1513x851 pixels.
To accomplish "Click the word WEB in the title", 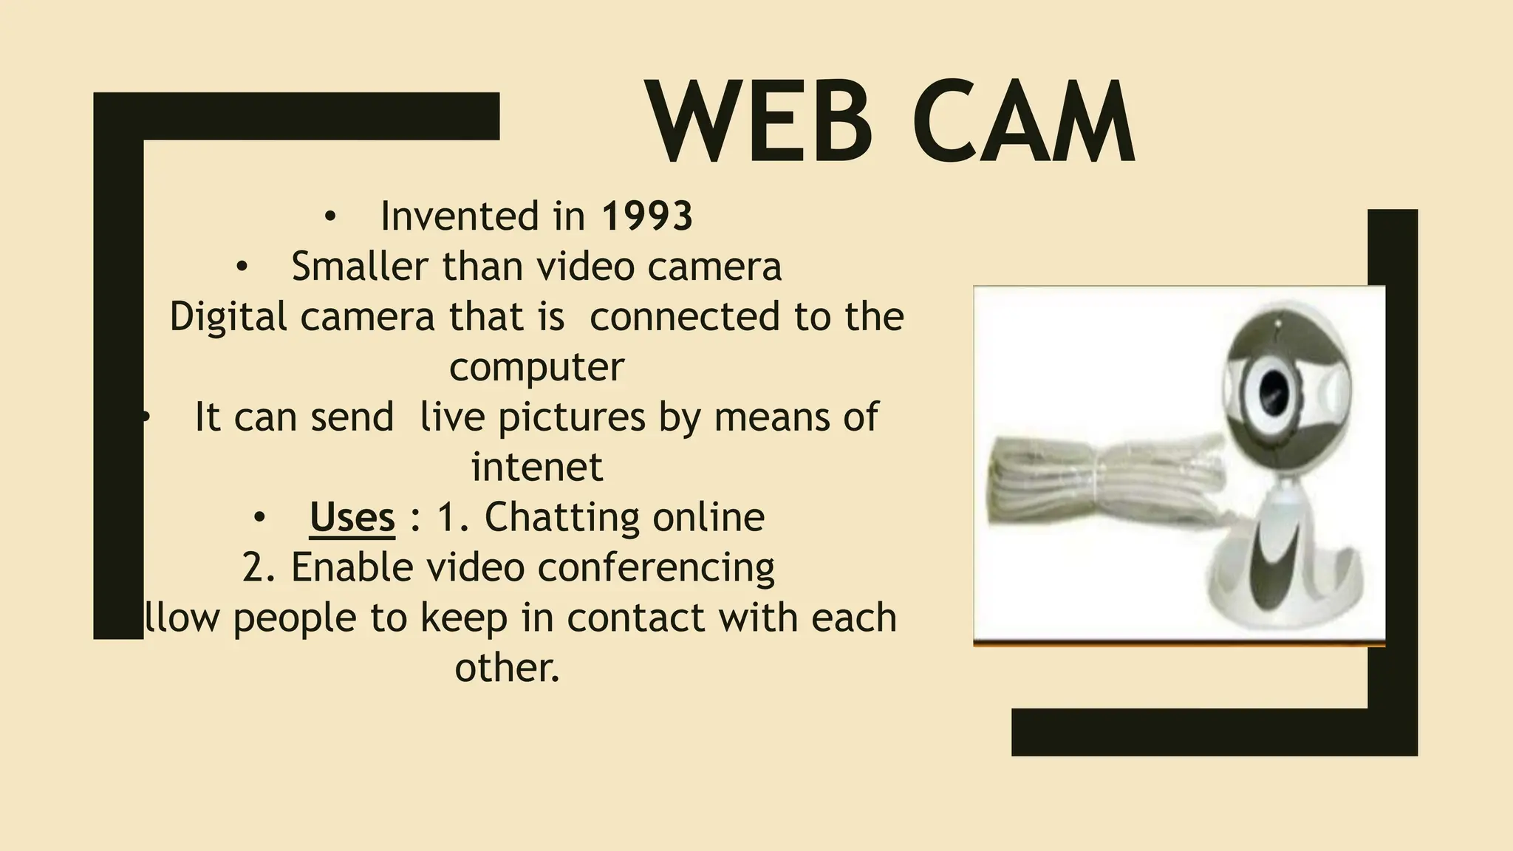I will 760,123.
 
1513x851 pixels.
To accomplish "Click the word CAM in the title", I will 1023,123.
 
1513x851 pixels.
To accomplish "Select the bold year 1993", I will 647,216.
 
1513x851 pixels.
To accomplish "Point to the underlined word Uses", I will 352,517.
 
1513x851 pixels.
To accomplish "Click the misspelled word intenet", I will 537,467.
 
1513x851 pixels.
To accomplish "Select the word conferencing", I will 656,567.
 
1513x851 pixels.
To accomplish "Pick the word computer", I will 536,367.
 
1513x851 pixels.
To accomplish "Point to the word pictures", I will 572,417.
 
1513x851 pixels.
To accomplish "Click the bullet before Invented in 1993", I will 329,217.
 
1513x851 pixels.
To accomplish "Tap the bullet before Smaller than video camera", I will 241,267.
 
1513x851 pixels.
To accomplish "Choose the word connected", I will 685,316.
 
